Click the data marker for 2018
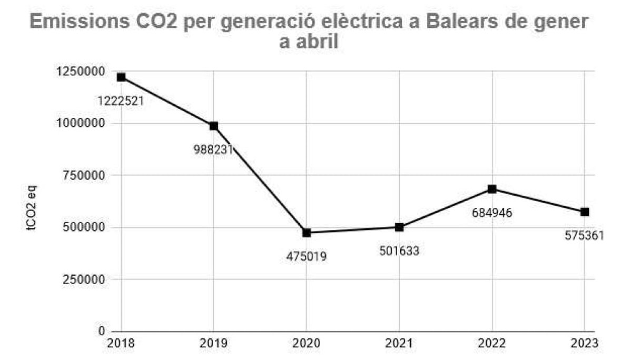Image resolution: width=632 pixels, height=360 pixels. click(121, 77)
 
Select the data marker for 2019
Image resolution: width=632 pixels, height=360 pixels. click(214, 126)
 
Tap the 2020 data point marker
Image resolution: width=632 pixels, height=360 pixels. click(307, 233)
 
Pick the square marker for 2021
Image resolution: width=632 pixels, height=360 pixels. click(399, 227)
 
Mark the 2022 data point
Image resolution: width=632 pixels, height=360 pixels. click(492, 189)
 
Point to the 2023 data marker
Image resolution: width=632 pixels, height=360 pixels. click(585, 212)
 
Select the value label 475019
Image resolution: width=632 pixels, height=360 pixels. click(307, 257)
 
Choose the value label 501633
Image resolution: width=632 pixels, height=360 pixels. click(399, 251)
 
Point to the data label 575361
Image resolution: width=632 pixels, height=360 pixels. click(584, 235)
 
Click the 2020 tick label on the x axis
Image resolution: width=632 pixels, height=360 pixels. click(307, 344)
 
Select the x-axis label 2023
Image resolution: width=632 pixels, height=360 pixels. click(584, 344)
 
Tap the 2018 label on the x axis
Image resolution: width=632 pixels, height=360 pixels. click(121, 344)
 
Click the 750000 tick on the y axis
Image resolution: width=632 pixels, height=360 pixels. click(81, 175)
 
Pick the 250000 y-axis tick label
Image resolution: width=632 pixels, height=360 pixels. click(81, 279)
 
